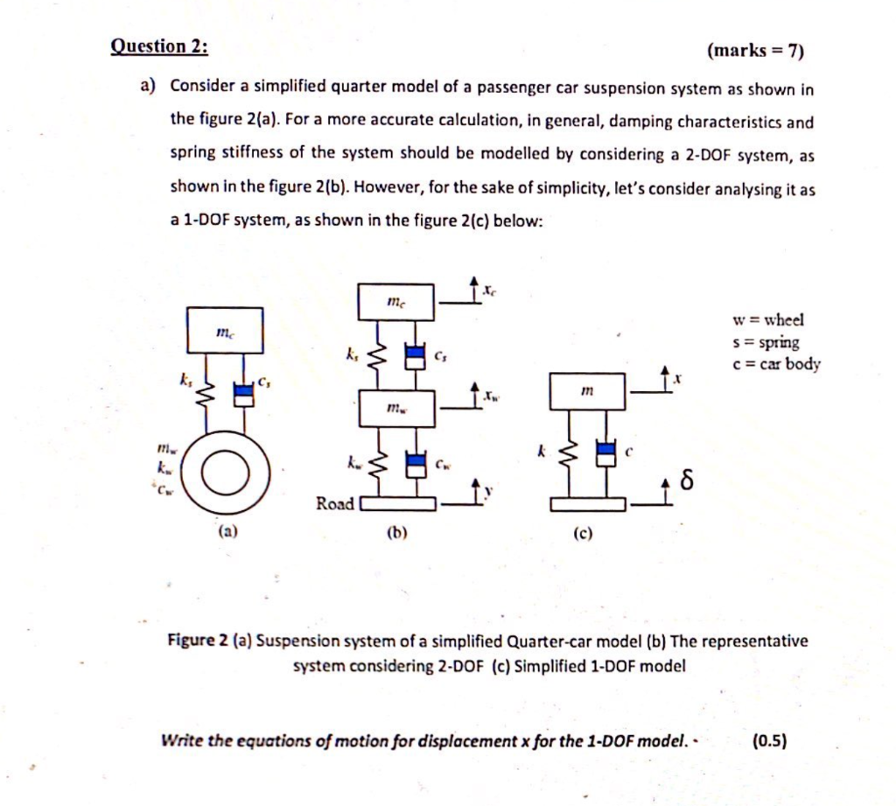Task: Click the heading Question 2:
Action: [x=159, y=46]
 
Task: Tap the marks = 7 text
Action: [x=754, y=50]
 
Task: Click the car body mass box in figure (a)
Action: [x=225, y=330]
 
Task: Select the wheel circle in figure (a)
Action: [x=226, y=474]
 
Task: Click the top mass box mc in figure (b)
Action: [x=395, y=302]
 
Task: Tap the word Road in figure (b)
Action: [x=335, y=503]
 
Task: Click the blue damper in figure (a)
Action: [x=244, y=392]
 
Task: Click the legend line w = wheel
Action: [x=768, y=320]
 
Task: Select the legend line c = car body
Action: [x=775, y=364]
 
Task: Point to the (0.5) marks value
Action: [x=769, y=741]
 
